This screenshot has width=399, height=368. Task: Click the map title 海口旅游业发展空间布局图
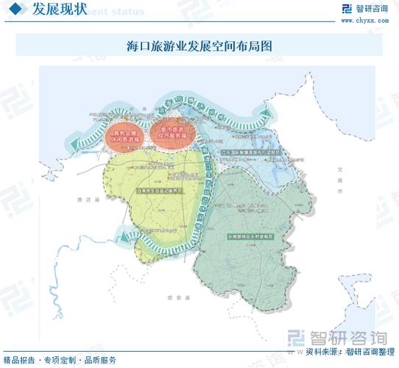coord(199,46)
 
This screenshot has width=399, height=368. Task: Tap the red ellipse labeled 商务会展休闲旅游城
coord(123,136)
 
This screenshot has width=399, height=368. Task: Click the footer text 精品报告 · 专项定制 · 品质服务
coord(60,360)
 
